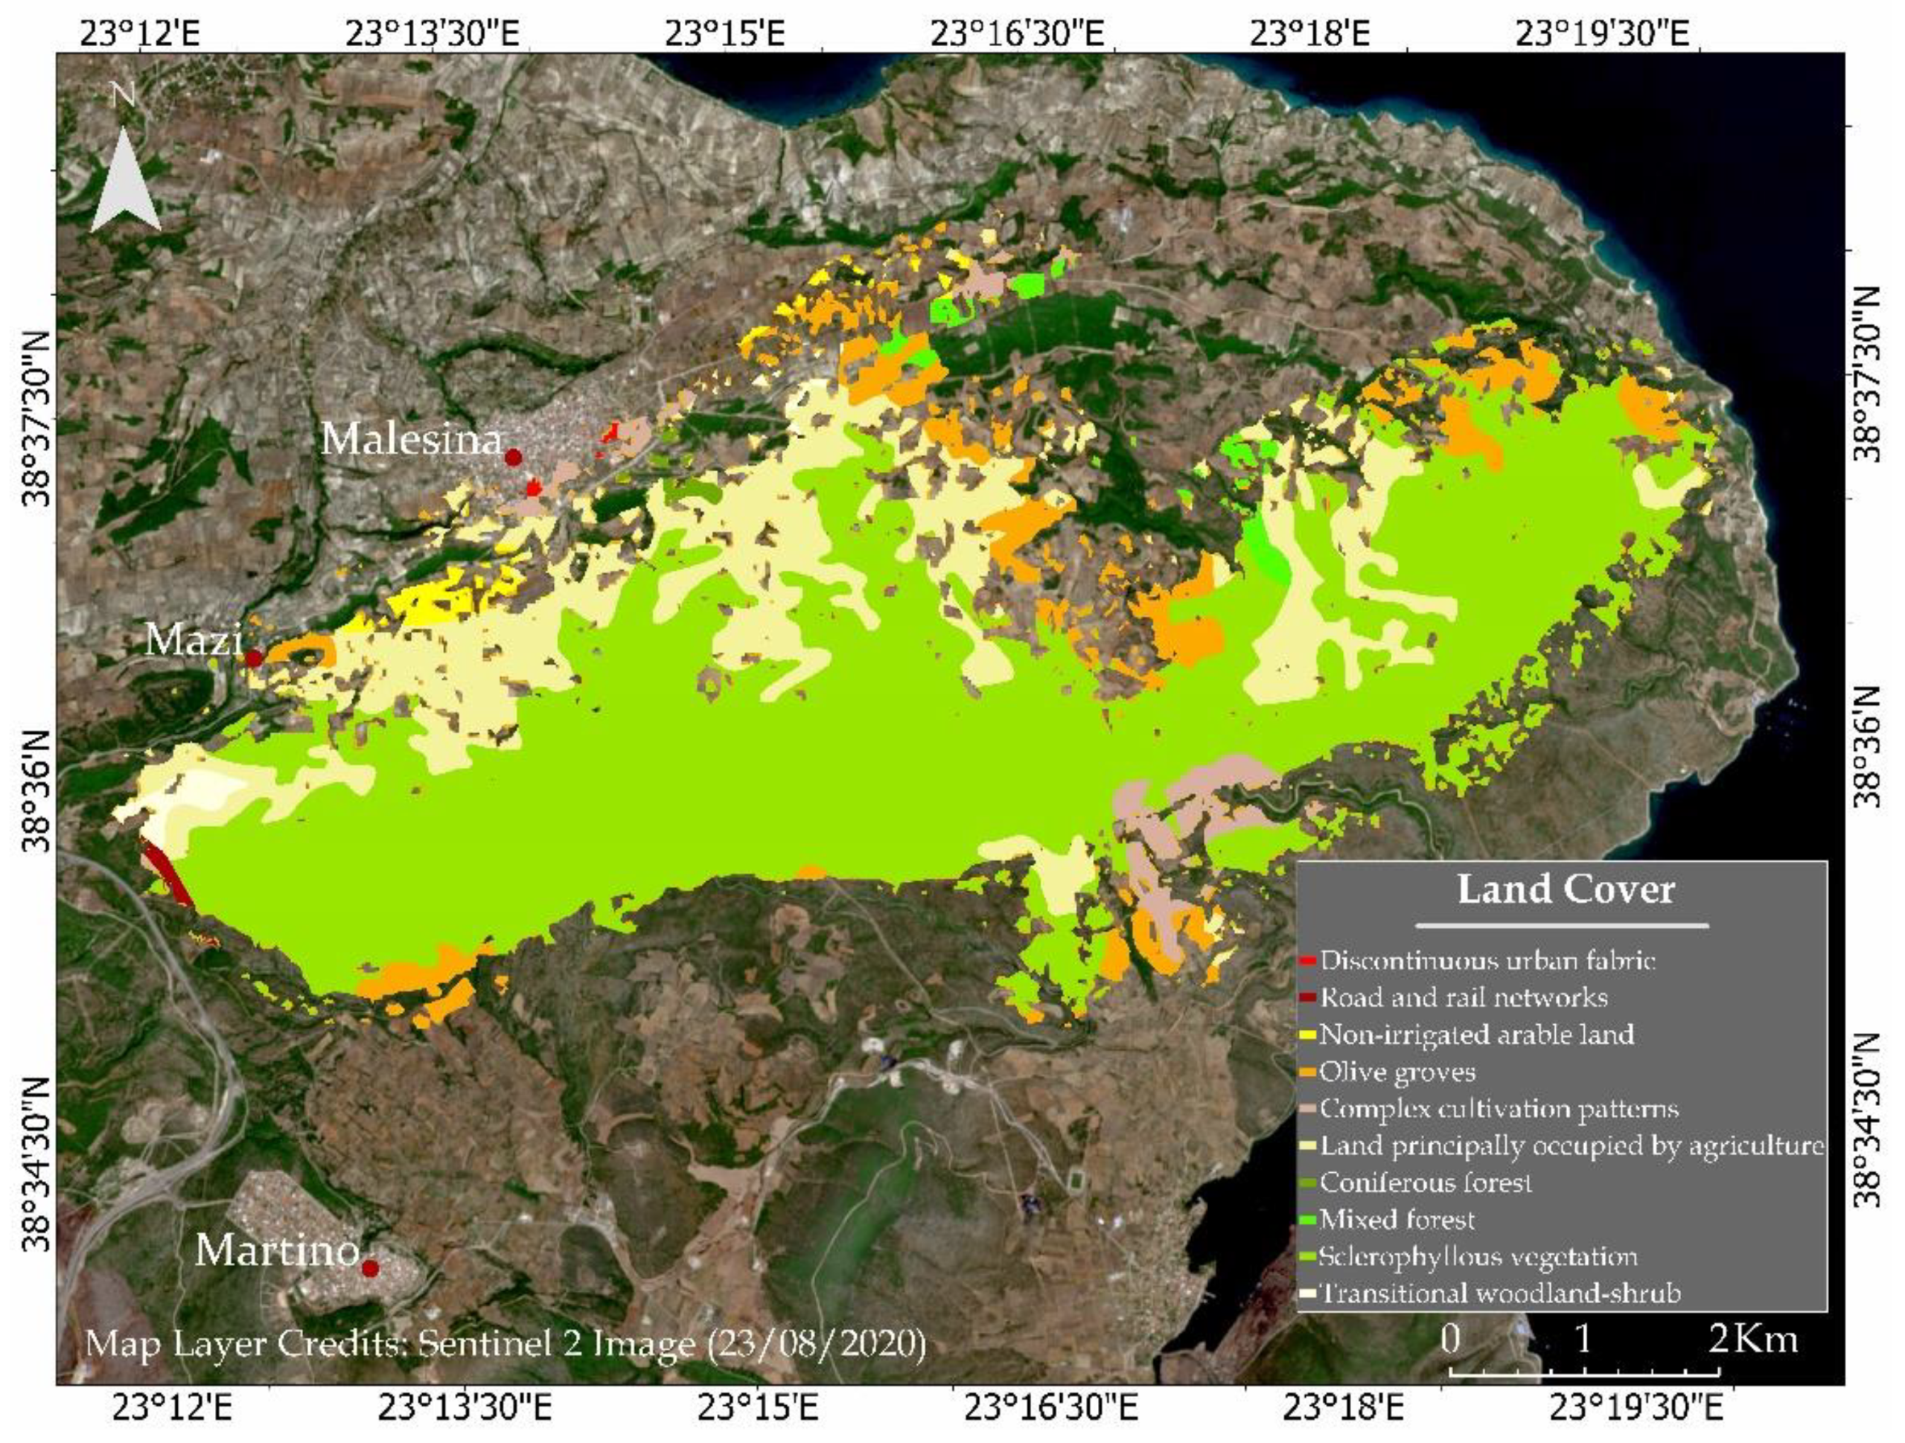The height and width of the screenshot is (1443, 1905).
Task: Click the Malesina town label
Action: [411, 440]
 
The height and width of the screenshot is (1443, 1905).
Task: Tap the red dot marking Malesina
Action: [513, 457]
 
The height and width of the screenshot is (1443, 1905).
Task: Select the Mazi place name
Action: [193, 640]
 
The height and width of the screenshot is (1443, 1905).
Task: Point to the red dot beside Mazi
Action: [253, 659]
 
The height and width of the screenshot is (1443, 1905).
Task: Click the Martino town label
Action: [276, 1250]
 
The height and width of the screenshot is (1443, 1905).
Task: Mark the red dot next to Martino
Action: [370, 1268]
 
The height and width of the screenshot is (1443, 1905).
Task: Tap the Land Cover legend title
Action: [1565, 889]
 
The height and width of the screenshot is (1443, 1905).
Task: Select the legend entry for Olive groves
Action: [1397, 1072]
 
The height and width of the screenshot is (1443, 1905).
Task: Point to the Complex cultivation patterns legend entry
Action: [1499, 1109]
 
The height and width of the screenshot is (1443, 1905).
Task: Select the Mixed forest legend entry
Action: [1397, 1219]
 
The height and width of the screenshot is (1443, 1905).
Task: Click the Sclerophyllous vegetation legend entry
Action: [1478, 1256]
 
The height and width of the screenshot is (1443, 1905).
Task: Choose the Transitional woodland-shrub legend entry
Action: [1499, 1293]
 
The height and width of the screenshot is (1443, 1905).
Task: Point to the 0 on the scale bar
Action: [1451, 1340]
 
